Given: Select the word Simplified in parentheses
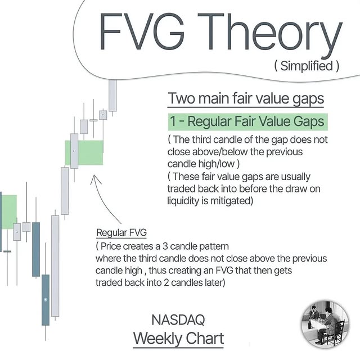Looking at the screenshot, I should pos(307,66).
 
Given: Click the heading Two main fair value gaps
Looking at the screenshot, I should pos(246,98).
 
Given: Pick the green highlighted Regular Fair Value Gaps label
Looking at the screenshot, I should pos(247,121).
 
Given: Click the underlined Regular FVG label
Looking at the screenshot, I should pos(121,232).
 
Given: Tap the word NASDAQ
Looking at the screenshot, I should pos(178,320).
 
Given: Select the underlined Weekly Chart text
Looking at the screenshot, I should pos(178,339).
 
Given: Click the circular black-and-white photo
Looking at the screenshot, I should pos(326,326).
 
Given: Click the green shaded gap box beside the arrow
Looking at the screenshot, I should pos(89,152).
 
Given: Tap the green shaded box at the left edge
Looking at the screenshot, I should pos(8,211).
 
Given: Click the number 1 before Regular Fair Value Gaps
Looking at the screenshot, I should pos(175,121).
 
